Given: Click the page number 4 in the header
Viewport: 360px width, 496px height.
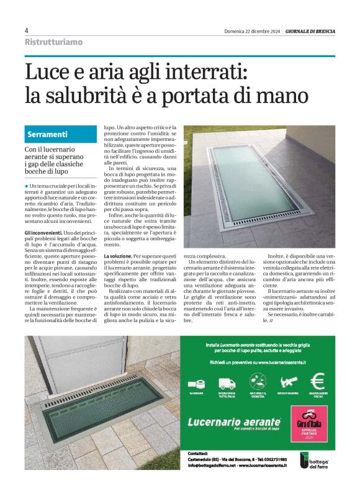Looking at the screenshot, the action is (x=27, y=30).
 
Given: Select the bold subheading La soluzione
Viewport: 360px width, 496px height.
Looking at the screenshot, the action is (x=117, y=256).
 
